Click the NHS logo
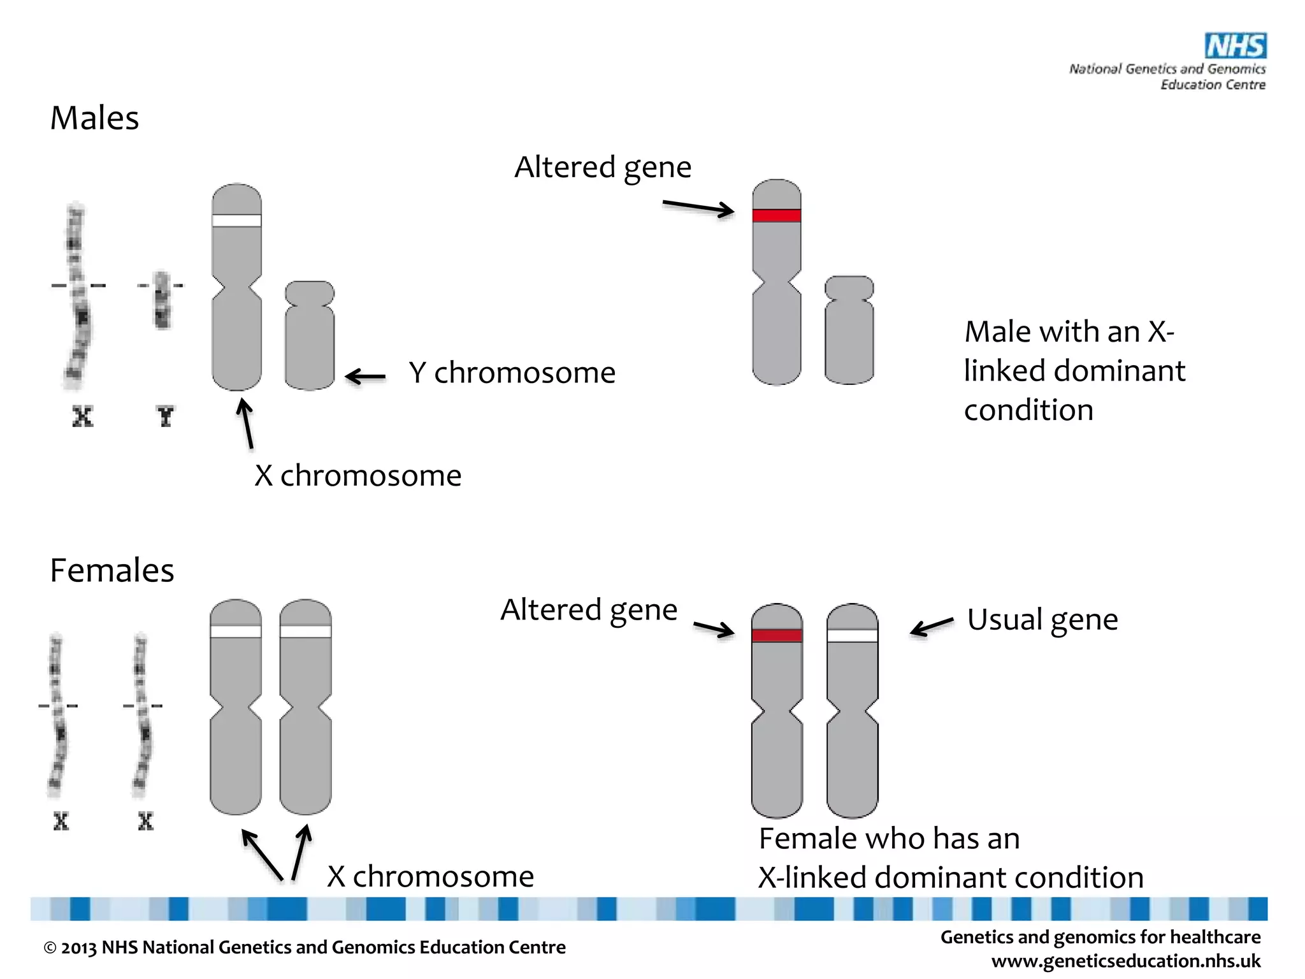pos(1235,46)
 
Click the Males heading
pos(94,119)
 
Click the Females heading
pos(112,570)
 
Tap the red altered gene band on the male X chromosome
pos(776,215)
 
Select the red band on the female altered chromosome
pos(776,635)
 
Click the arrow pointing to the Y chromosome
pos(366,377)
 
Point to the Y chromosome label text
pos(512,373)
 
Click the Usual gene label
pos(1042,620)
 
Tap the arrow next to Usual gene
pos(932,626)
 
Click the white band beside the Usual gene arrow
pos(852,635)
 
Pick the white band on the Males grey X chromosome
pos(236,221)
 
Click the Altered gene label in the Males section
pos(602,168)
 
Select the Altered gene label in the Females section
pos(588,610)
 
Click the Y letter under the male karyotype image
pos(165,417)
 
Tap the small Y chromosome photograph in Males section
pos(162,300)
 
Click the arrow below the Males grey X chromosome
pos(246,424)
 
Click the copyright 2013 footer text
pos(305,947)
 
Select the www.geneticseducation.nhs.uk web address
pos(1125,961)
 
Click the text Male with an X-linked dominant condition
pos(1074,371)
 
